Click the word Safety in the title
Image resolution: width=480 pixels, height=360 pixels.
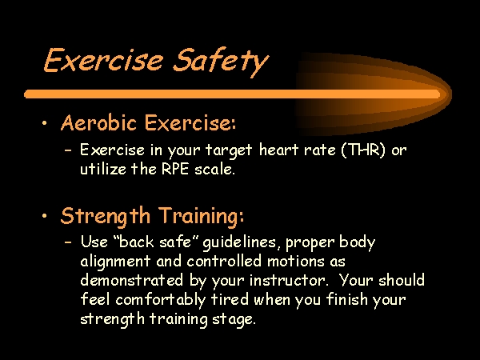(x=221, y=62)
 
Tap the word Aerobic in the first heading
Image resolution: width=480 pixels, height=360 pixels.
(x=98, y=122)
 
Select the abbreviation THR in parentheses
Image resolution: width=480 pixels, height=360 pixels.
(x=362, y=150)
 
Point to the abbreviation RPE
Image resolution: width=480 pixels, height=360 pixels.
(x=174, y=169)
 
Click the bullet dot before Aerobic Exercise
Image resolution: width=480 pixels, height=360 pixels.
(x=45, y=123)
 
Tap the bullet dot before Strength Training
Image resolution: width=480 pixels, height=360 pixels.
(x=45, y=216)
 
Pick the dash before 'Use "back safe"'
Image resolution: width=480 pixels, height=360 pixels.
(x=68, y=242)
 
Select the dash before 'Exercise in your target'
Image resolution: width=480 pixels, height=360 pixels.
(x=68, y=150)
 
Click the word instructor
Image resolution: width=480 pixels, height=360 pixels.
(x=288, y=281)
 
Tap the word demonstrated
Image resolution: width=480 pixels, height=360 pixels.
(x=132, y=281)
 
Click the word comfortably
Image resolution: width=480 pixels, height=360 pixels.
(x=161, y=300)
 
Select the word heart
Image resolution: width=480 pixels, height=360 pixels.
(x=278, y=150)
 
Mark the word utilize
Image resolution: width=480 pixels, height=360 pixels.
(x=103, y=169)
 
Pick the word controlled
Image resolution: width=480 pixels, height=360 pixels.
(x=224, y=262)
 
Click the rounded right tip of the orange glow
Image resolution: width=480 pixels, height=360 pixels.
(x=451, y=94)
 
